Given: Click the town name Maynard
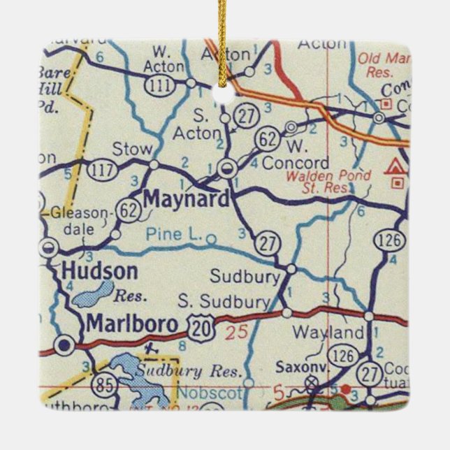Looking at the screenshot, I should [185, 199].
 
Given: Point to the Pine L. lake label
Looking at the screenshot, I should [174, 237].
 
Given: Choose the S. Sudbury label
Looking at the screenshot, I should [223, 301].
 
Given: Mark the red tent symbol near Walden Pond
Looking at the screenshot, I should [395, 168].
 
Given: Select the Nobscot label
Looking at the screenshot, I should [208, 393].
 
